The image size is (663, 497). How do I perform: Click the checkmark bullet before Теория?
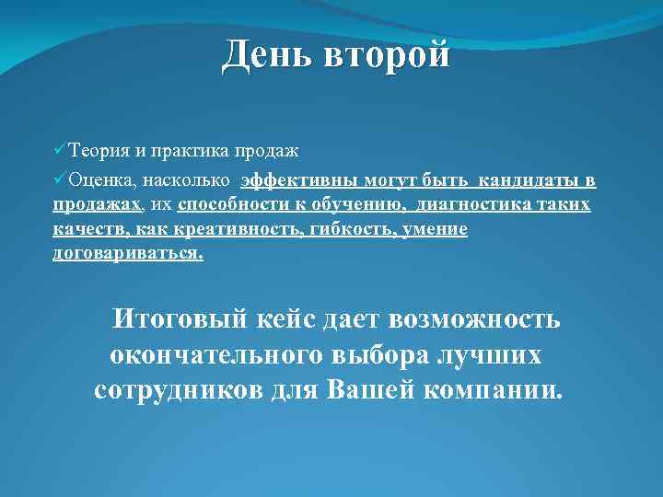(59, 149)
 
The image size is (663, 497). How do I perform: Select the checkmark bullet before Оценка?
(59, 180)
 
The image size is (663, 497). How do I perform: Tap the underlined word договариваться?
(128, 254)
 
